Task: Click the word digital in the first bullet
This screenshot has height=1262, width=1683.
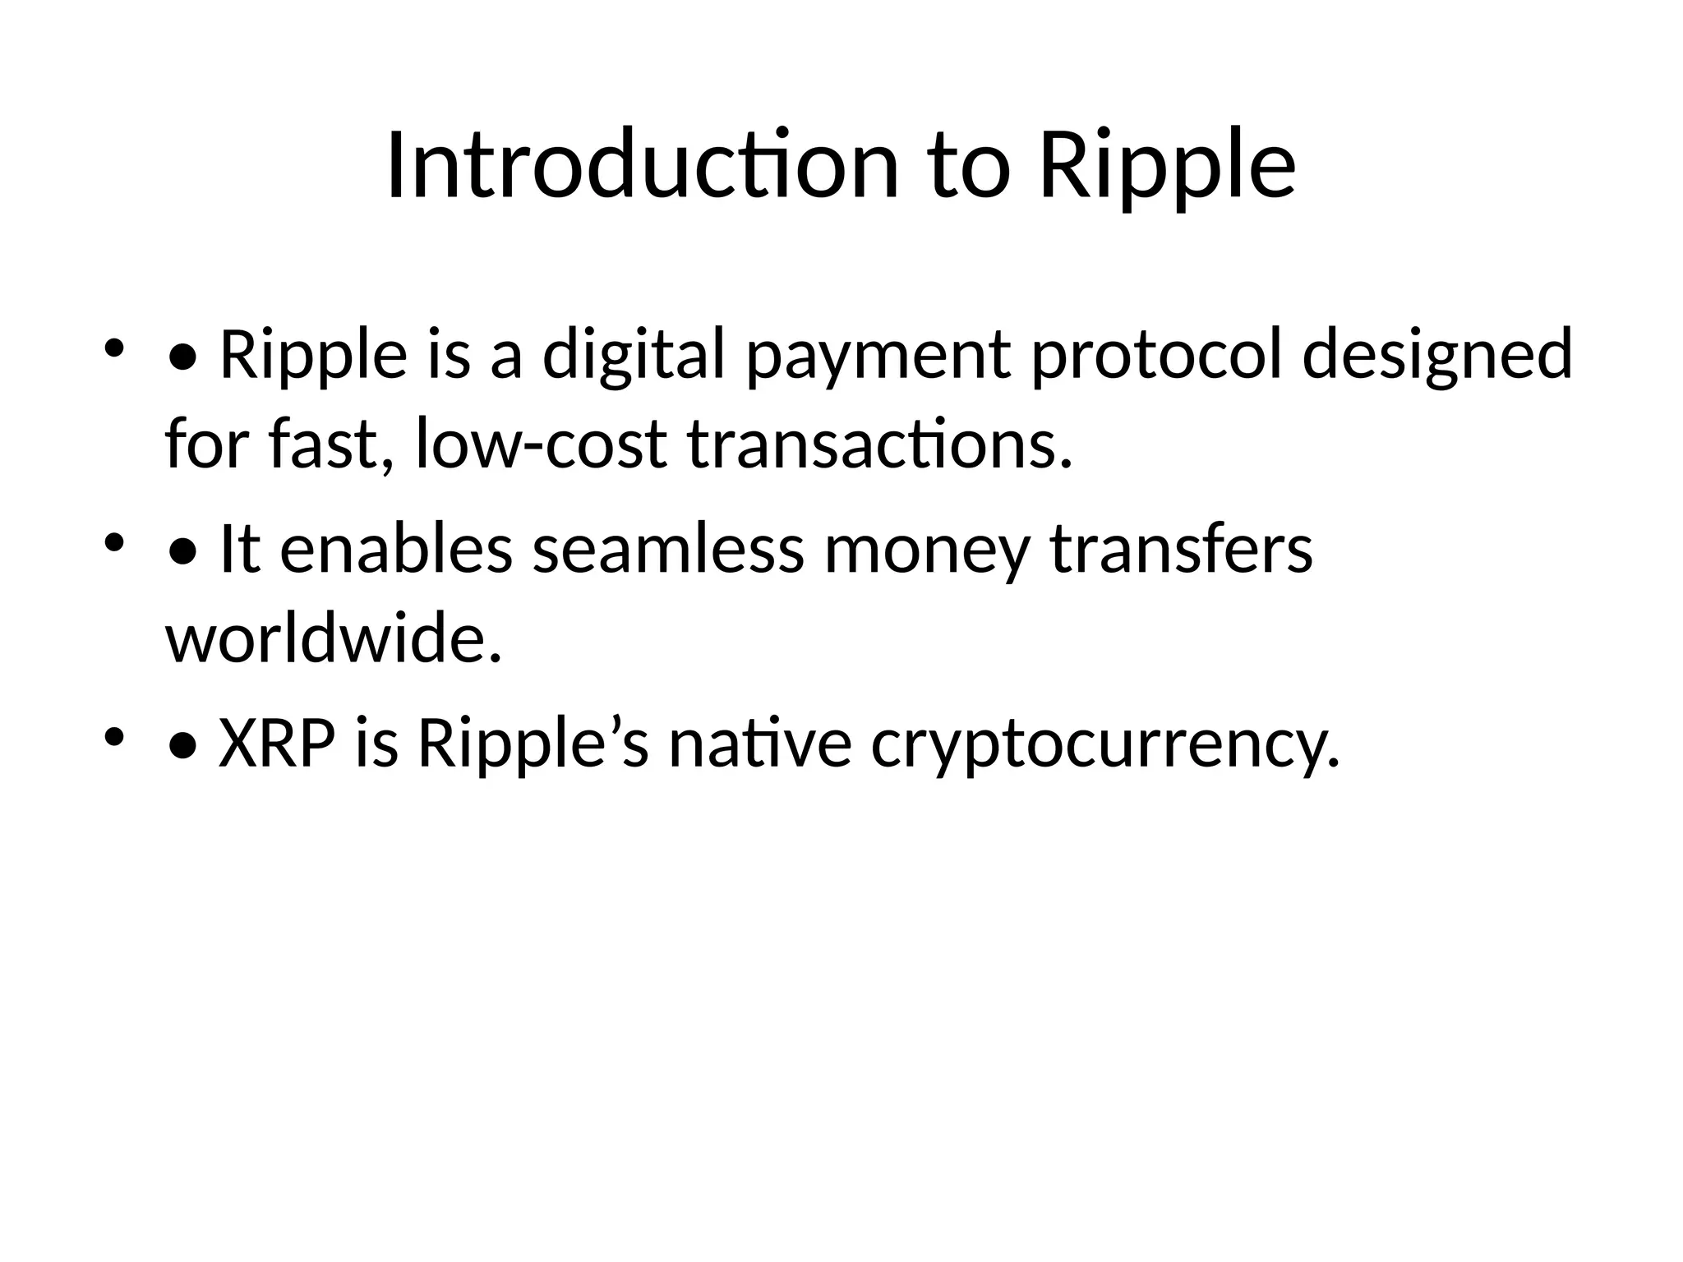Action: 634,355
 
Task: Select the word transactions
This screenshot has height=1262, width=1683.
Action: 879,444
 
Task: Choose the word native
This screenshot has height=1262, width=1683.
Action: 759,744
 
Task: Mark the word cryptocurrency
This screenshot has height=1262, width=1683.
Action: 1104,744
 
